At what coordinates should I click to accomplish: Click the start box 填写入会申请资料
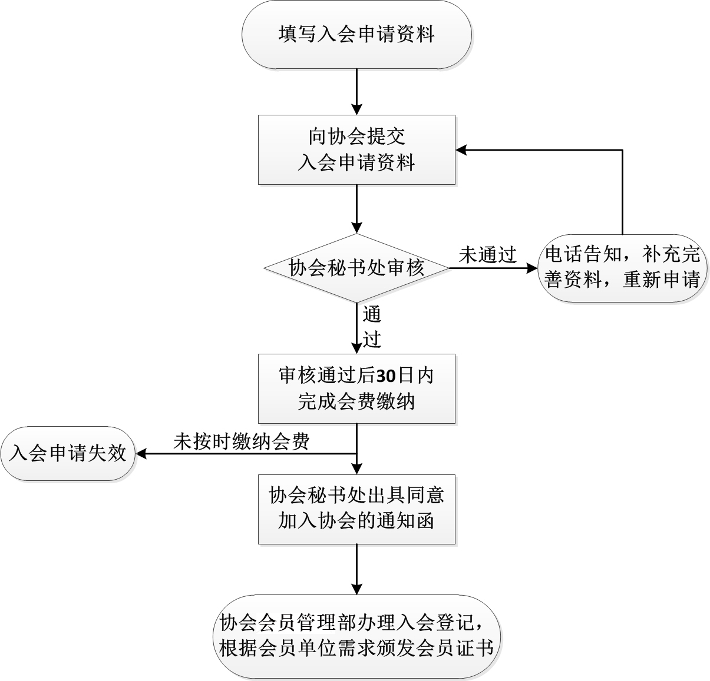[x=356, y=34]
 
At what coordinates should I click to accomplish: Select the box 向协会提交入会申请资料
[x=356, y=150]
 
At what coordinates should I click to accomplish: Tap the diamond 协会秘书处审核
[x=356, y=268]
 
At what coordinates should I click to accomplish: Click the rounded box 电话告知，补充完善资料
[x=622, y=268]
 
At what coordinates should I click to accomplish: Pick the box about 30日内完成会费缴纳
[x=356, y=388]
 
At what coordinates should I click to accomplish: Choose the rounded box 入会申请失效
[x=68, y=454]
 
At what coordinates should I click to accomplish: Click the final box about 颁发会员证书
[x=356, y=637]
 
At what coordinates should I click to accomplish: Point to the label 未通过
[x=487, y=255]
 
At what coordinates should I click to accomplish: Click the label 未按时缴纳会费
[x=242, y=441]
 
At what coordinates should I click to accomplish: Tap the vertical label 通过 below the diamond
[x=372, y=327]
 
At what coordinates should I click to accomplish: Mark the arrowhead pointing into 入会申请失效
[x=142, y=454]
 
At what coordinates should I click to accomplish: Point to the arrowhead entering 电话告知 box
[x=531, y=268]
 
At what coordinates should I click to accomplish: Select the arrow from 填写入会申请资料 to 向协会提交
[x=356, y=91]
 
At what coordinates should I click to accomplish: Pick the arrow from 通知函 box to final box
[x=356, y=568]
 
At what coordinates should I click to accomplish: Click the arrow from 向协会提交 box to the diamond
[x=356, y=209]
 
